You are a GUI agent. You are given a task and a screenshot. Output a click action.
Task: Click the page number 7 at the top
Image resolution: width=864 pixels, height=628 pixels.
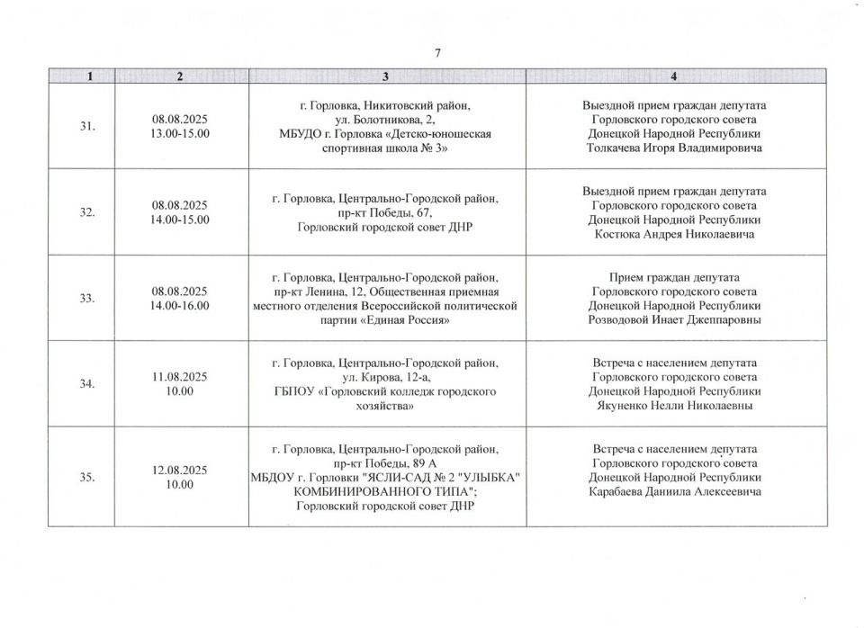pos(437,53)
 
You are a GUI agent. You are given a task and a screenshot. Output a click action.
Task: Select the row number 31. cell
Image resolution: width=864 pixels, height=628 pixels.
pos(88,127)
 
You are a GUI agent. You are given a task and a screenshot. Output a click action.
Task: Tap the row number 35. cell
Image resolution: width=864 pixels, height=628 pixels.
pos(88,477)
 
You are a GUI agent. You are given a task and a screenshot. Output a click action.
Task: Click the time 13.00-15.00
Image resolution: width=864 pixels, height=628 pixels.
pos(180,134)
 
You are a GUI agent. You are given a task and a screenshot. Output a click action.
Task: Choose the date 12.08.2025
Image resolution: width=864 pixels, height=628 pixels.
pos(180,470)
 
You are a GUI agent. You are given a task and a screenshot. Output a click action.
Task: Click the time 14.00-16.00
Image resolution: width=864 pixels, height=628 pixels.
pos(180,305)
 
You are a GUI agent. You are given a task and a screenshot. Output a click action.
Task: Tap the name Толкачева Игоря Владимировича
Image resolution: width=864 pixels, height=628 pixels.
pos(674,148)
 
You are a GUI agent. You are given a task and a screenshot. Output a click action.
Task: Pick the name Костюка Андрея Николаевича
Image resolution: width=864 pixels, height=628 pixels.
pos(674,234)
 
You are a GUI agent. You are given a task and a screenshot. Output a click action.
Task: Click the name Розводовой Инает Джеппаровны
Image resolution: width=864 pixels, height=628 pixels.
pos(674,320)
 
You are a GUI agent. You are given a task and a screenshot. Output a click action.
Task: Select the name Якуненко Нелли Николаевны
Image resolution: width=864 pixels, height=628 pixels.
pos(674,406)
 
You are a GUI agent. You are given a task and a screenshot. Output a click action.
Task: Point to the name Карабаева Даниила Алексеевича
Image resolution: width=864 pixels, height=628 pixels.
pos(674,491)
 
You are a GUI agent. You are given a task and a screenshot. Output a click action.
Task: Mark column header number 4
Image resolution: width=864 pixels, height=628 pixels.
pos(674,76)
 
